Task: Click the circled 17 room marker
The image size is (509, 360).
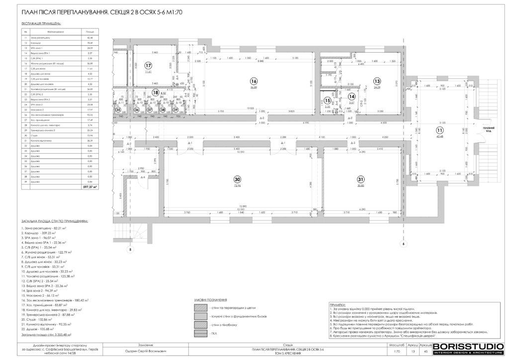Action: (148, 65)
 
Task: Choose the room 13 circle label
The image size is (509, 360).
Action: (377, 81)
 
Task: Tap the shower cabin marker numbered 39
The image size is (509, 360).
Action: (175, 110)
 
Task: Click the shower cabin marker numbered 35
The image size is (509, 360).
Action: (118, 110)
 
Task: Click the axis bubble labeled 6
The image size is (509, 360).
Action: (404, 244)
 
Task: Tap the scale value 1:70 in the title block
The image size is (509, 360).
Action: (396, 352)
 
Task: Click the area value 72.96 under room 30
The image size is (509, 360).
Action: (238, 185)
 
